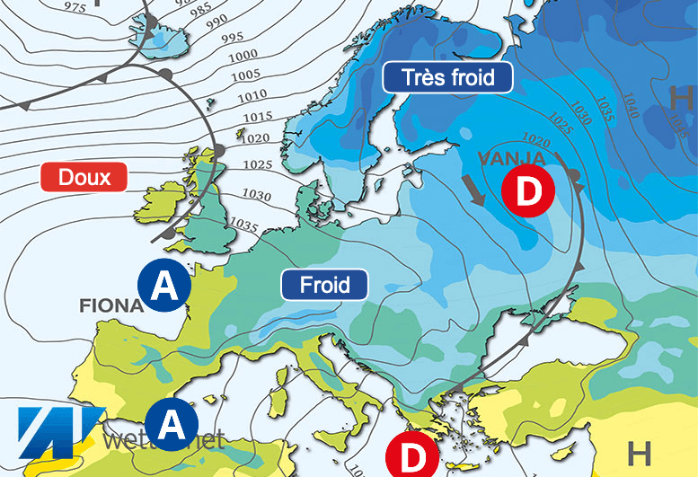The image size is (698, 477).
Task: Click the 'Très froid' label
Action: [x=447, y=77]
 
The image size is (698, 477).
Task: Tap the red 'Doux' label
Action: [x=84, y=177]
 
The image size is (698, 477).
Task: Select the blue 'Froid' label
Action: [x=324, y=285]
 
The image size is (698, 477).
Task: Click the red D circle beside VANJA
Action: [x=527, y=191]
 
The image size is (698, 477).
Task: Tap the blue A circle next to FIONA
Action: [x=163, y=287]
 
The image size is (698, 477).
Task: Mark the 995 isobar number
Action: [x=231, y=37]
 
